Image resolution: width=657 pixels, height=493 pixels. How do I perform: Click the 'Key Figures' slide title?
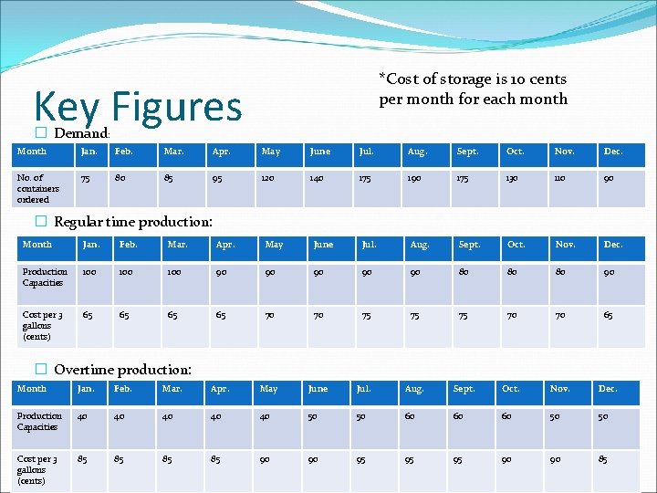138,106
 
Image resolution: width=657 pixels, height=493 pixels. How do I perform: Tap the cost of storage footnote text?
473,89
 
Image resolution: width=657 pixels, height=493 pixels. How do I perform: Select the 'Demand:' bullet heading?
81,134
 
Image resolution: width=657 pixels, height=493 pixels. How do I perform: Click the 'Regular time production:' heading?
133,222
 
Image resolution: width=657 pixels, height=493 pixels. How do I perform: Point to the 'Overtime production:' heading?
122,370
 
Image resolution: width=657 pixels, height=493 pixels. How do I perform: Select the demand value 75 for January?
87,178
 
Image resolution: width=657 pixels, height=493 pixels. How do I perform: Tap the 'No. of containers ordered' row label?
37,188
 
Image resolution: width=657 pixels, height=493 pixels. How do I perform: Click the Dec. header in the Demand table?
611,151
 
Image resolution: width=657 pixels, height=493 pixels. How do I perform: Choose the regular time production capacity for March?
173,272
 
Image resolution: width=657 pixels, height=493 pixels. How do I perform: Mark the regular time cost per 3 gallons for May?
270,315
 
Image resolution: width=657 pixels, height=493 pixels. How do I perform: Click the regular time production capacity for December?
609,272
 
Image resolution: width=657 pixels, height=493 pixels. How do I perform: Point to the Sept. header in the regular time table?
469,245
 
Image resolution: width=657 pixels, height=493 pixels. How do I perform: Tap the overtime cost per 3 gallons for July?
360,459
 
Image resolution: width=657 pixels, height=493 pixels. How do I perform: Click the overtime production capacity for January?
82,416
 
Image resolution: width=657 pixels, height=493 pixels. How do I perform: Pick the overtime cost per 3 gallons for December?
602,459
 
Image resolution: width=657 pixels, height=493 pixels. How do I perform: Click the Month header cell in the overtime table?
32,389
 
